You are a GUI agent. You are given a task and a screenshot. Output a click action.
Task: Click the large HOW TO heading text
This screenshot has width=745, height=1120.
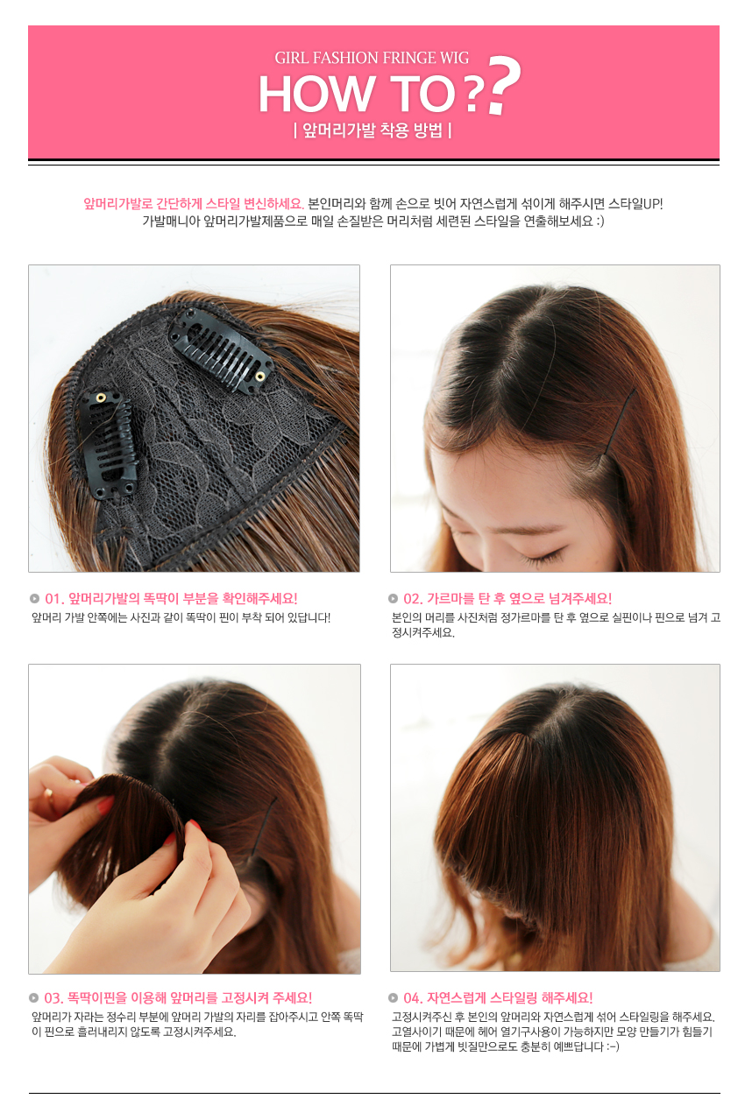(356, 94)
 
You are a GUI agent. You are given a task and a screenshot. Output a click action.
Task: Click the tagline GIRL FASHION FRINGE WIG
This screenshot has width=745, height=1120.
(372, 58)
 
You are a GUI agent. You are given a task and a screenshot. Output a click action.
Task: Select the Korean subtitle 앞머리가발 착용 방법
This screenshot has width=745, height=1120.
(372, 130)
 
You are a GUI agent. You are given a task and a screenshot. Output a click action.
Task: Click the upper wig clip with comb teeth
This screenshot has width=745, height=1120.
(221, 350)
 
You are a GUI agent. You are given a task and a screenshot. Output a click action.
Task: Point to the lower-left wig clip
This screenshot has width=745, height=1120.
(108, 443)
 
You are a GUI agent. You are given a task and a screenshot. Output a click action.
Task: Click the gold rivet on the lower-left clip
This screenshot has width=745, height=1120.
(101, 398)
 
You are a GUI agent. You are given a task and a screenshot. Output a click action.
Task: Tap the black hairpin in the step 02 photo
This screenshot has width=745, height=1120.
(621, 421)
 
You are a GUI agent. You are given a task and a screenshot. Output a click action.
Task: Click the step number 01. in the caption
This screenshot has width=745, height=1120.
(54, 598)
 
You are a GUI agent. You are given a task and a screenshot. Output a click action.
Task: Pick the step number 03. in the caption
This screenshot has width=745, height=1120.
(54, 998)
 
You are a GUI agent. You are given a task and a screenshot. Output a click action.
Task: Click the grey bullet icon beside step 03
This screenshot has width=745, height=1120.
(34, 998)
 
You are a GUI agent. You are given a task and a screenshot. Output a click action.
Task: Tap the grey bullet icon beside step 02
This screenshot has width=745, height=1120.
(394, 598)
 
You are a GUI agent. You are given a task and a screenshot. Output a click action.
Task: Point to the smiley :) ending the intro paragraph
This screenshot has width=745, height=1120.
(600, 222)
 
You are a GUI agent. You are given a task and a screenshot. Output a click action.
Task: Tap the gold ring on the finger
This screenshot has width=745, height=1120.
(48, 793)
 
